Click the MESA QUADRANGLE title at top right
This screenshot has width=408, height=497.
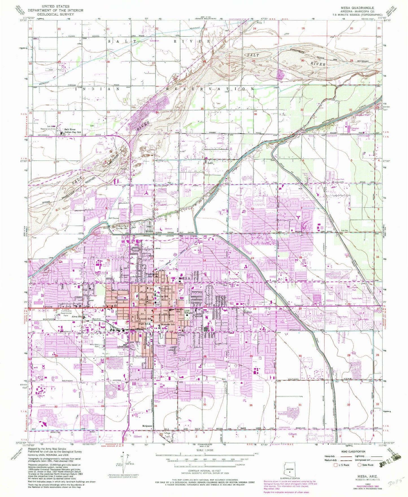[x=358, y=8]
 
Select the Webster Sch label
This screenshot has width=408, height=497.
[x=169, y=324]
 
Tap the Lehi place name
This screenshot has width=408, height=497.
[x=210, y=163]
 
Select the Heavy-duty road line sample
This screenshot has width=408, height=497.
[x=345, y=456]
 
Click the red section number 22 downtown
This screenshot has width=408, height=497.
[x=155, y=309]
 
